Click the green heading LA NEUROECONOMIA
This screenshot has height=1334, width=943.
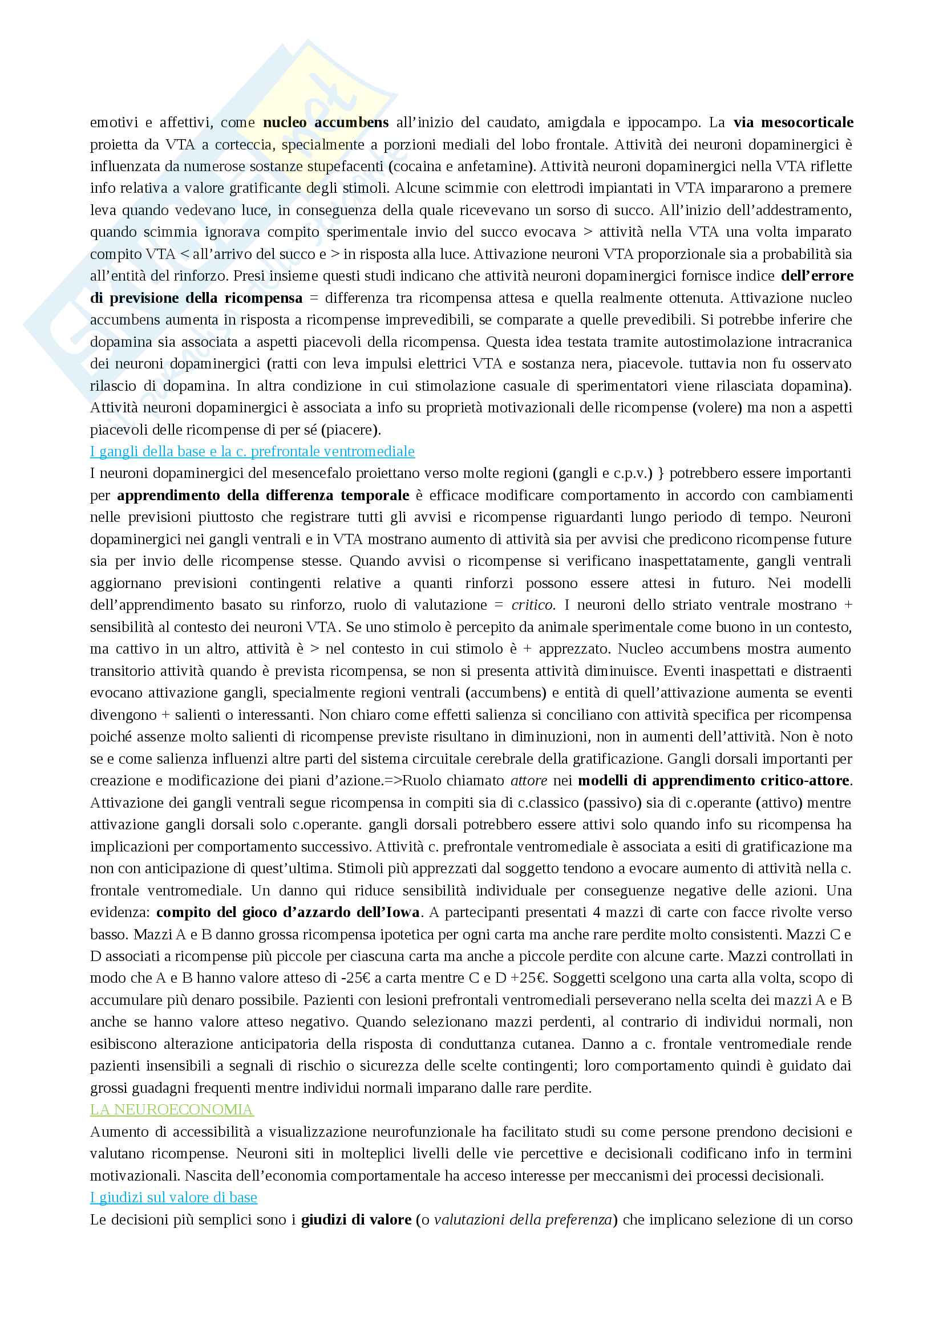pos(171,1109)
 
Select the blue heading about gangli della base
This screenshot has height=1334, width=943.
pos(252,452)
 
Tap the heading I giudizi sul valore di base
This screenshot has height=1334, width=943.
pos(173,1197)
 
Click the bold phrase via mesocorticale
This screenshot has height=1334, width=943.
pos(793,123)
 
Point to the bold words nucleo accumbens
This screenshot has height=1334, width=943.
pos(326,123)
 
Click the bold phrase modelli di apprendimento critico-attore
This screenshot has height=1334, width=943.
pos(714,780)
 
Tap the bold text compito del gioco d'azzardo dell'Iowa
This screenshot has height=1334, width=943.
pos(288,912)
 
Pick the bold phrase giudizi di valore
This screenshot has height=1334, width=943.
pos(356,1219)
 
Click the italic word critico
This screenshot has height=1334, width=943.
pos(533,605)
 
